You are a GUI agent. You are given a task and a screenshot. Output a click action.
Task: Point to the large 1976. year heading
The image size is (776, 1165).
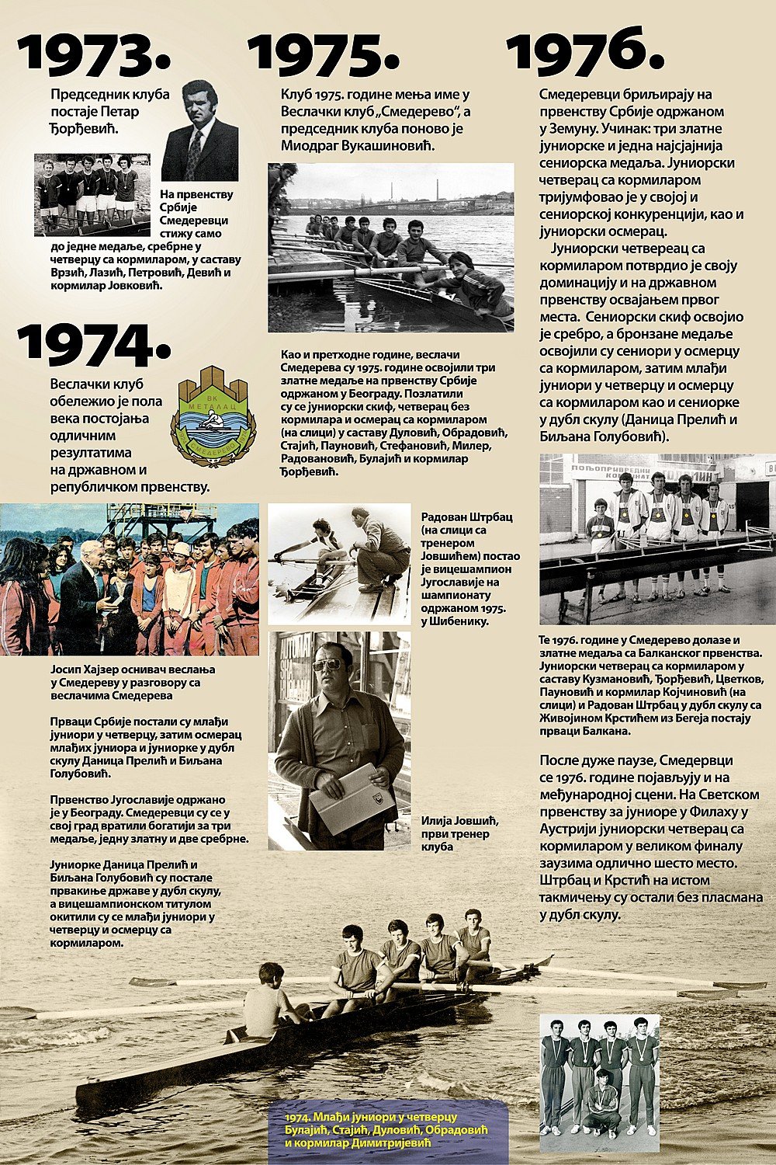click(585, 51)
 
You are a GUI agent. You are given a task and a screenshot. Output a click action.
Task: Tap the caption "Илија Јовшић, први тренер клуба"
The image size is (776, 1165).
click(456, 833)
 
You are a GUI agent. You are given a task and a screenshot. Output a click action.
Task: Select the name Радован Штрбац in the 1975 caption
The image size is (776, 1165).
click(466, 516)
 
